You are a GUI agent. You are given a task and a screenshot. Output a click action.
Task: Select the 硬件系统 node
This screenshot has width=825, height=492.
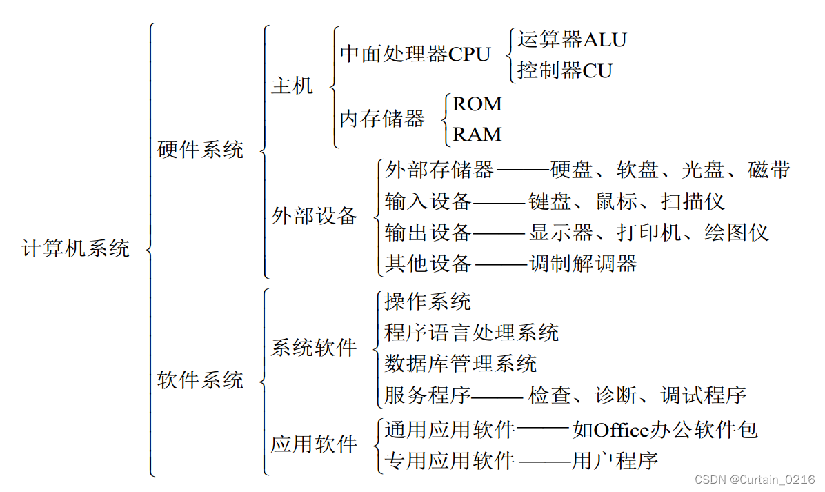tap(200, 150)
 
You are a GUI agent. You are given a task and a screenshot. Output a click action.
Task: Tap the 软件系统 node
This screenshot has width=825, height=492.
tap(200, 380)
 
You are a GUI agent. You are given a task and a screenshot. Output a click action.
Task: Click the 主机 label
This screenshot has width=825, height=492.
tap(292, 86)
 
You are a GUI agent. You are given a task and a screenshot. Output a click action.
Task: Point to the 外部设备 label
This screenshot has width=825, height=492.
tap(315, 216)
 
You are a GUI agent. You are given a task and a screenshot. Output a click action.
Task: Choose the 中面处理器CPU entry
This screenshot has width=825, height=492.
tap(415, 55)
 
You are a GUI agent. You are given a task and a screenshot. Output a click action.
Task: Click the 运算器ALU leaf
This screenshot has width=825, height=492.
tap(572, 40)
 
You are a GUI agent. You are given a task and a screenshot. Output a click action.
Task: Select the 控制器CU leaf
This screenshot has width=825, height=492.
tap(565, 70)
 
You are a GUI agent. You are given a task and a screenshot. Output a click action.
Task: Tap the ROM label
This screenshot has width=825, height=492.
tap(477, 104)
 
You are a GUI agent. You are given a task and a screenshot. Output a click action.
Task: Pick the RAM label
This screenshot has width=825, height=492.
tap(477, 134)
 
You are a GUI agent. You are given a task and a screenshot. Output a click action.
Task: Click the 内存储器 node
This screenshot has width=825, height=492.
tap(382, 119)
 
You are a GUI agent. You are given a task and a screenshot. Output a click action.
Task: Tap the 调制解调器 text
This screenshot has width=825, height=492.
tap(583, 263)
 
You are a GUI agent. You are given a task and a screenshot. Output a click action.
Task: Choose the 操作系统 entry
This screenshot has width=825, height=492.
tap(428, 302)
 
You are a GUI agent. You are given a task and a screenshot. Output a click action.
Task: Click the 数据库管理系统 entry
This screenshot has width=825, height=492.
tap(461, 363)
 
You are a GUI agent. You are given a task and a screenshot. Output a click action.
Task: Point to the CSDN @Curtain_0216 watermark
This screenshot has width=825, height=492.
tap(754, 480)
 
